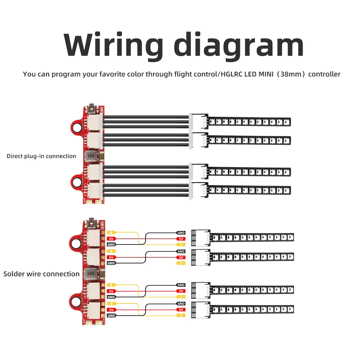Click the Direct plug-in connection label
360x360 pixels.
click(x=41, y=156)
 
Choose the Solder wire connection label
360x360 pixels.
click(x=41, y=274)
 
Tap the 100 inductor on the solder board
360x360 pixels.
click(x=90, y=273)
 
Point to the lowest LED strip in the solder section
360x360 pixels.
click(x=252, y=309)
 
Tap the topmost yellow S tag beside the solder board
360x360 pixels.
click(x=111, y=232)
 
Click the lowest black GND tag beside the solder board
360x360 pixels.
click(x=111, y=316)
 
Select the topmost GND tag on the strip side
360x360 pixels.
click(x=181, y=233)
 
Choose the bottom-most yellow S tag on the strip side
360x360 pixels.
click(x=181, y=315)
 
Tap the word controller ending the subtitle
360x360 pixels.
click(x=324, y=74)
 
